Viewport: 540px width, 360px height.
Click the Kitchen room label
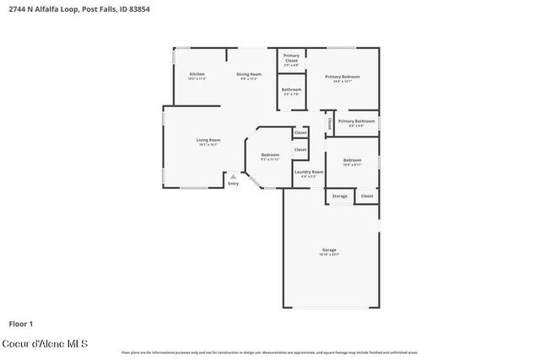click(x=197, y=74)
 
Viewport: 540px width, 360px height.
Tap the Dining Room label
click(x=249, y=74)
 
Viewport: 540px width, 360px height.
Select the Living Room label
click(x=208, y=140)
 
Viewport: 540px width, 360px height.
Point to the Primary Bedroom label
click(x=343, y=77)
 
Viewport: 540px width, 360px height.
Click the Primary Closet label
click(x=291, y=58)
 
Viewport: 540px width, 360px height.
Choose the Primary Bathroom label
click(x=356, y=121)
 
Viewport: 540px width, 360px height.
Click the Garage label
click(x=329, y=250)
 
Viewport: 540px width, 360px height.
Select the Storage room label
click(x=339, y=196)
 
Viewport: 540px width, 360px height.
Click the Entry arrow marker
click(x=234, y=176)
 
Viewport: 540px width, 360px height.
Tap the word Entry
click(x=233, y=183)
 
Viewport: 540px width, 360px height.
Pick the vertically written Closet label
click(x=330, y=123)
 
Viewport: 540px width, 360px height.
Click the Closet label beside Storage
click(x=367, y=196)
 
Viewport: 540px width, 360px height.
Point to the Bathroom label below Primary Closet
click(x=291, y=89)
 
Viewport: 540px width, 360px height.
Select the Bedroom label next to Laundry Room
click(x=270, y=155)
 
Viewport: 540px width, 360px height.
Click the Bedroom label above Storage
click(x=352, y=160)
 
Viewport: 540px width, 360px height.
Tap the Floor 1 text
click(x=20, y=323)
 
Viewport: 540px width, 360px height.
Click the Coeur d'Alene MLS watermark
click(x=45, y=344)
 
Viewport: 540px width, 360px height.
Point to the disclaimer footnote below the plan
click(x=269, y=352)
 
